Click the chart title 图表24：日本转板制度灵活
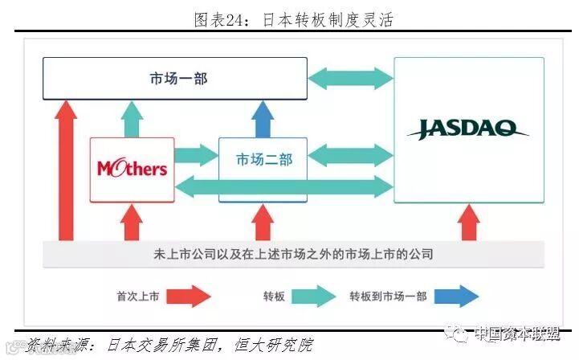292,18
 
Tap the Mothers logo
132,168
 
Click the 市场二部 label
263,159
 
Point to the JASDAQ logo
467,129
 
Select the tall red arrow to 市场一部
67,169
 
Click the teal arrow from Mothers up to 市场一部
131,118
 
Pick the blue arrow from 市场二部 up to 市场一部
262,118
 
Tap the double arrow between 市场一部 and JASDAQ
350,78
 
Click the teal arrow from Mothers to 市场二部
196,153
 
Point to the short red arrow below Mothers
131,221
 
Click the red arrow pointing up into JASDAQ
468,221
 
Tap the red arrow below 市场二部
262,221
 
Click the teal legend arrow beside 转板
312,296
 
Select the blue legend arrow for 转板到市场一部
459,296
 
